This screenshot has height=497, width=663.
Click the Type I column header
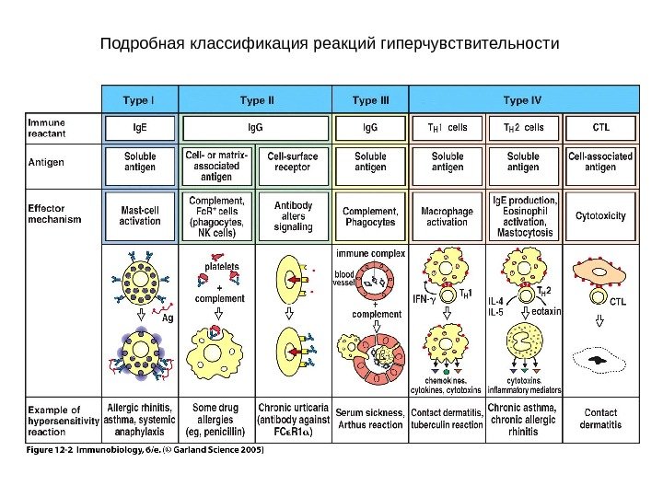coord(140,98)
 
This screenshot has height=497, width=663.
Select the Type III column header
coord(371,98)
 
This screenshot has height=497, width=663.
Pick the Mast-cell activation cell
coord(140,216)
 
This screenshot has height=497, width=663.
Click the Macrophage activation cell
coord(448,216)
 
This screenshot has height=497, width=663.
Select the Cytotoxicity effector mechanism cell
coord(600,216)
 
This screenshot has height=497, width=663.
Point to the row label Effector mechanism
coord(54,214)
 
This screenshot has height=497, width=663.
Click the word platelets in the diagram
coord(221,266)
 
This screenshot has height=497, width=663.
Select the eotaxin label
coord(547,312)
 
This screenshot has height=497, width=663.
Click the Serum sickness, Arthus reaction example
coord(371,419)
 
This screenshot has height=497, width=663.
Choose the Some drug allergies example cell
coord(217,419)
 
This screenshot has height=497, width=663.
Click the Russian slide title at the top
coord(330,44)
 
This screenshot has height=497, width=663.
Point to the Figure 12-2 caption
coord(144,450)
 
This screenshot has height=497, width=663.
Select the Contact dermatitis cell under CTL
coord(600,419)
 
